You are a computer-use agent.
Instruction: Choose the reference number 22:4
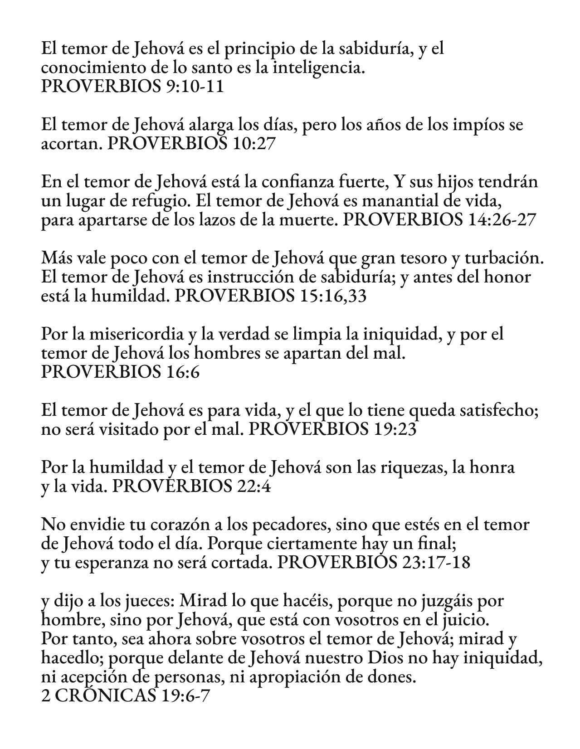(x=253, y=487)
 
